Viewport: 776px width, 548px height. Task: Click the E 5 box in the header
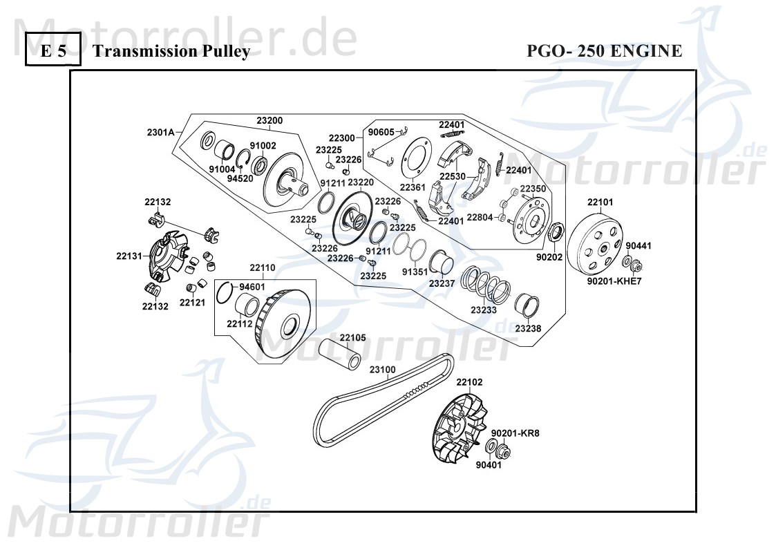coord(53,52)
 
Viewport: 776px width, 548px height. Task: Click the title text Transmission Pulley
coord(171,52)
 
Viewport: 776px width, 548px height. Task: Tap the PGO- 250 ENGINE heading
coord(604,52)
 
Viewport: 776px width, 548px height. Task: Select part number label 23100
coord(382,370)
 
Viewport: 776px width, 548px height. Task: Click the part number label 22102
coord(469,381)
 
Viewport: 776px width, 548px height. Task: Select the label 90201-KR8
coord(515,433)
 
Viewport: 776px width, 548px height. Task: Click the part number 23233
coord(484,310)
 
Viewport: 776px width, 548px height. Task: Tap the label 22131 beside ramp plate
coord(129,256)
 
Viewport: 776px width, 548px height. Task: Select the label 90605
coord(381,131)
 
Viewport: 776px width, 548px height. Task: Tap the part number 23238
coord(528,328)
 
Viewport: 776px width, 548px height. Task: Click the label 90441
coord(638,245)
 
